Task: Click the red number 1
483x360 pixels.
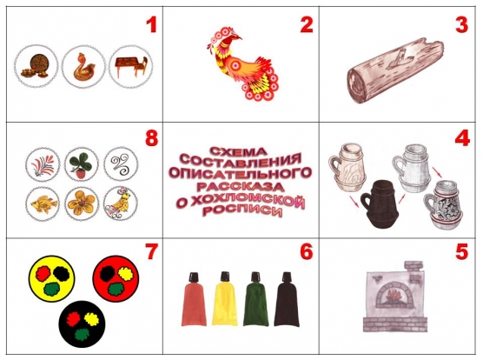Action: point(151,24)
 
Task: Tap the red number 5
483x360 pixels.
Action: point(461,251)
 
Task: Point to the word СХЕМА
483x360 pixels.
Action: point(238,151)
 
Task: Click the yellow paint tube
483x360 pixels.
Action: point(224,299)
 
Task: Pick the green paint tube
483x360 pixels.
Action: point(255,299)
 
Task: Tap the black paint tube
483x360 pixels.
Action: point(287,299)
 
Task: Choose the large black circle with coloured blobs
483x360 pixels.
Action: point(82,324)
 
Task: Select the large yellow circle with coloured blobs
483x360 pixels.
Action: point(51,278)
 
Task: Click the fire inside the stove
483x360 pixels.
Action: point(393,297)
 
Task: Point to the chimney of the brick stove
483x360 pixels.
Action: point(414,267)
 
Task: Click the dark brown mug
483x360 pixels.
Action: point(380,203)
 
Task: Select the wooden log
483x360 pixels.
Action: point(395,71)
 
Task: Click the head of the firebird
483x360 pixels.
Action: point(234,38)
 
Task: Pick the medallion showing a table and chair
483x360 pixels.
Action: point(131,67)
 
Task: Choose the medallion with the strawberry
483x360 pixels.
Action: point(82,164)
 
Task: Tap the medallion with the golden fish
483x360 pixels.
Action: point(43,203)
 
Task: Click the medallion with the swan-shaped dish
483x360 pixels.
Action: point(83,67)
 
